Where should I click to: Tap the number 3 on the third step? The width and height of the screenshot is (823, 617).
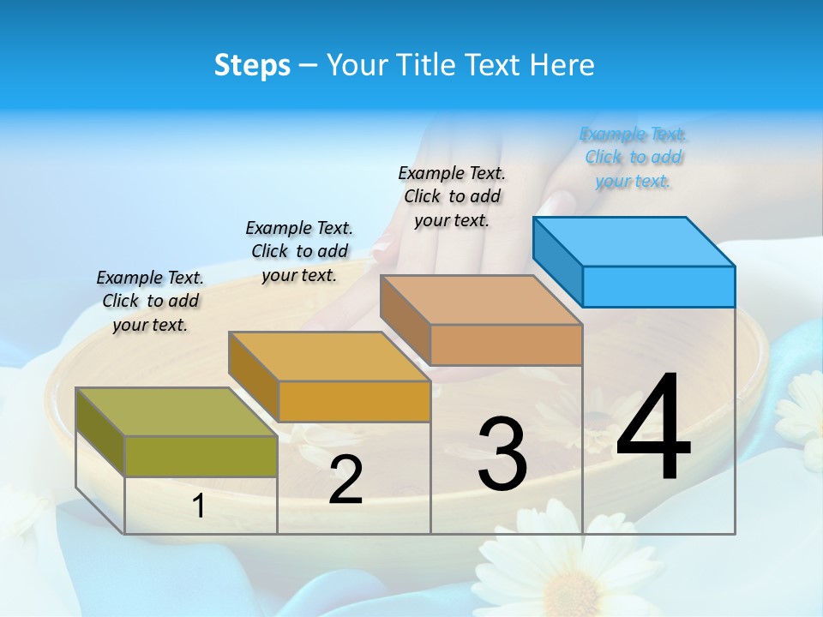tap(502, 453)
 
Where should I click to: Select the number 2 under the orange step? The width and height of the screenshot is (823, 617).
tap(345, 480)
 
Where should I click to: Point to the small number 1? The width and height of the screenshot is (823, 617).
tap(198, 506)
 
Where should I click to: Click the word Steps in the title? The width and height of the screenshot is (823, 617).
tap(252, 65)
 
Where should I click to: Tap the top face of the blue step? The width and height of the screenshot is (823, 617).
tap(634, 241)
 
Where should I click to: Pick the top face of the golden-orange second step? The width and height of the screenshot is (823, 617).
tap(329, 356)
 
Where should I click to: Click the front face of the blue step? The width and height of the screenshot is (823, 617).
tap(658, 286)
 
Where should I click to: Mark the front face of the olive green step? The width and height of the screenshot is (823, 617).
tap(201, 456)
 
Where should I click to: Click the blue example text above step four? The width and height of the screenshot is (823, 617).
tap(634, 158)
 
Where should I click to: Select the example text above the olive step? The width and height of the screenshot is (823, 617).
tap(150, 301)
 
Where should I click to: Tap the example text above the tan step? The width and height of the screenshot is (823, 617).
tap(452, 196)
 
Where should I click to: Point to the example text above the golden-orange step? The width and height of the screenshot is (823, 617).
tap(299, 251)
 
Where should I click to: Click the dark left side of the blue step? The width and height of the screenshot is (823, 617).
tap(557, 261)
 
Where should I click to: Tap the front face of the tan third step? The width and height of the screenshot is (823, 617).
tap(506, 344)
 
